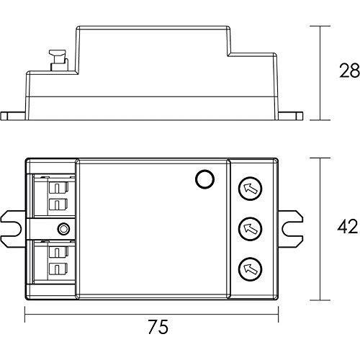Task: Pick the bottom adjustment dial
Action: [x=249, y=269]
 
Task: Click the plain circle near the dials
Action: [x=204, y=179]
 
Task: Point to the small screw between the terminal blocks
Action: [x=64, y=230]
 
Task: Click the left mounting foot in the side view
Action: [x=14, y=115]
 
